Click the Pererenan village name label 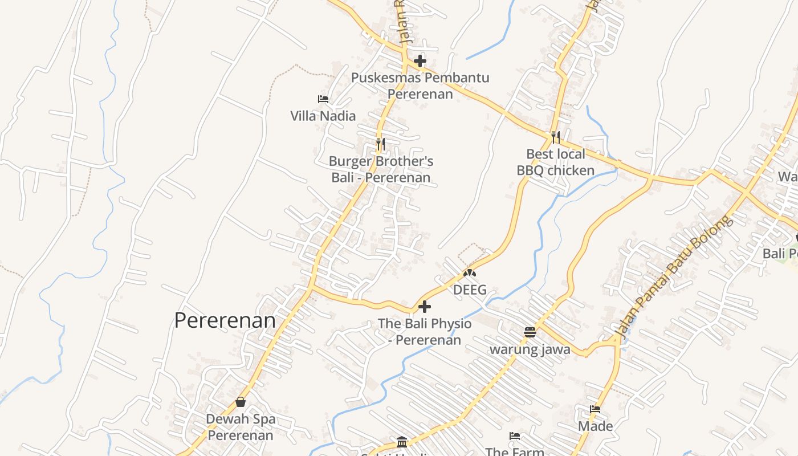pyautogui.click(x=225, y=320)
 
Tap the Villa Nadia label pyautogui.click(x=323, y=116)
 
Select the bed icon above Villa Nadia pyautogui.click(x=323, y=99)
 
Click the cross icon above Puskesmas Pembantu pyautogui.click(x=420, y=60)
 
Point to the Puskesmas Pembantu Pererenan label pyautogui.click(x=420, y=85)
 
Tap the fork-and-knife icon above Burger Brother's pyautogui.click(x=381, y=144)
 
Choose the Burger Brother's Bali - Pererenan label pyautogui.click(x=381, y=169)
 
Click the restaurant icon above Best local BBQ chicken pyautogui.click(x=556, y=137)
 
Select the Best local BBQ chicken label pyautogui.click(x=556, y=162)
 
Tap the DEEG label pyautogui.click(x=470, y=290)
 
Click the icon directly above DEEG pyautogui.click(x=470, y=274)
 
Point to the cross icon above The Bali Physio pyautogui.click(x=424, y=307)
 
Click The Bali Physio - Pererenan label pyautogui.click(x=425, y=332)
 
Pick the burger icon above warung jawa pyautogui.click(x=530, y=332)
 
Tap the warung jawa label pyautogui.click(x=530, y=349)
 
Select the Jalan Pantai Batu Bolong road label pyautogui.click(x=673, y=276)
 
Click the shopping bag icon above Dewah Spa pyautogui.click(x=241, y=402)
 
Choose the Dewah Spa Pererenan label pyautogui.click(x=241, y=427)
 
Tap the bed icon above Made pyautogui.click(x=595, y=409)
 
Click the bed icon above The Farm pyautogui.click(x=515, y=436)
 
